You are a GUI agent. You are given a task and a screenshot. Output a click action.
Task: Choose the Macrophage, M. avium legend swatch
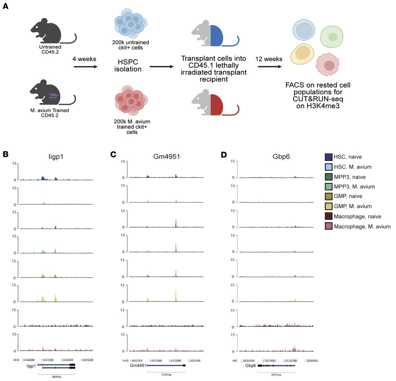point(328,226)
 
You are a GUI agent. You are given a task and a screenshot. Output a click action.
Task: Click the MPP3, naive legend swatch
point(328,177)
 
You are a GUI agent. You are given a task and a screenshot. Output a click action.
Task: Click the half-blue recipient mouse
point(214,36)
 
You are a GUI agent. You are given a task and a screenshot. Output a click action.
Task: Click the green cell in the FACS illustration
point(333,37)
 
